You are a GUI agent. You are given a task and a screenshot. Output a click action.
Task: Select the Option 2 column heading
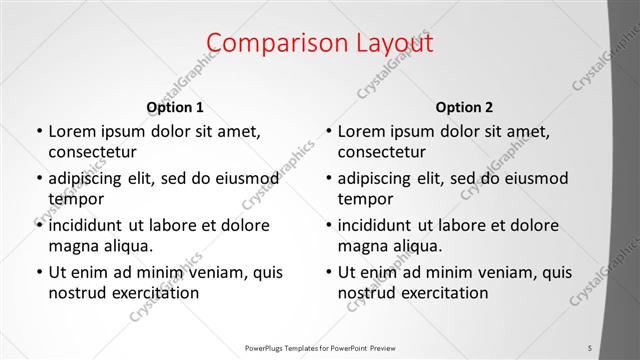464,107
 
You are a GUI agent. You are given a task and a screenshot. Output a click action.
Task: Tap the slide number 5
590,347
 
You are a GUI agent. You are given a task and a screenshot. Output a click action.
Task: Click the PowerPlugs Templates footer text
320,347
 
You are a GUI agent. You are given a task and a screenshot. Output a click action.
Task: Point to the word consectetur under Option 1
92,153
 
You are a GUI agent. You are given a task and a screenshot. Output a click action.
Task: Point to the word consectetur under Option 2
382,153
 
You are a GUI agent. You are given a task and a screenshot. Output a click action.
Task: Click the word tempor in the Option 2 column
363,199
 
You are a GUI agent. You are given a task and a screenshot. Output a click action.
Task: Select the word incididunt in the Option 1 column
91,225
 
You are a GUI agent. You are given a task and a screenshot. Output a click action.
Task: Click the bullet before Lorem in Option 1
39,131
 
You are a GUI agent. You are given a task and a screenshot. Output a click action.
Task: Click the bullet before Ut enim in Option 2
329,272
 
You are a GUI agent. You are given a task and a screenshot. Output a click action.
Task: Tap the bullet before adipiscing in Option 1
39,178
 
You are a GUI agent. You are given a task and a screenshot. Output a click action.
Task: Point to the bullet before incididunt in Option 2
329,225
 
